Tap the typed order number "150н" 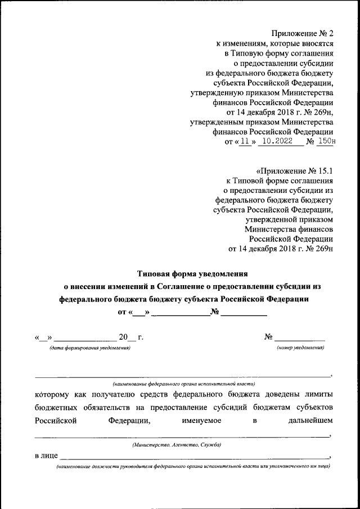(x=326, y=142)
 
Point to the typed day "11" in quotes (x=244, y=142)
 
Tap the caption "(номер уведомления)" (x=300, y=348)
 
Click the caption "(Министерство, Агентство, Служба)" (x=177, y=444)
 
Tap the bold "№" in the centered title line (x=214, y=312)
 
